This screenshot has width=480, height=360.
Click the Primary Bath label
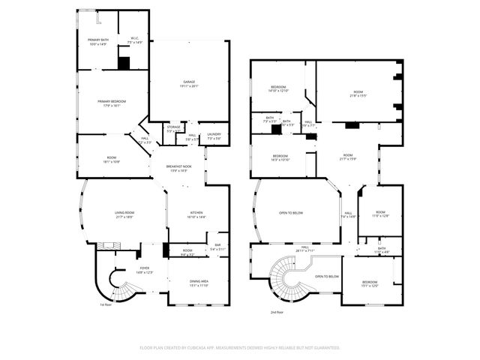98,42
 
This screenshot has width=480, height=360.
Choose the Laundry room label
213,136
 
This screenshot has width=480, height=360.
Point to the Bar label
218,247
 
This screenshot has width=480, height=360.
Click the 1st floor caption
106,304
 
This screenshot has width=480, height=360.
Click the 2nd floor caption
277,312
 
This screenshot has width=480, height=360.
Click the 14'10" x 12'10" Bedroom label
279,90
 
